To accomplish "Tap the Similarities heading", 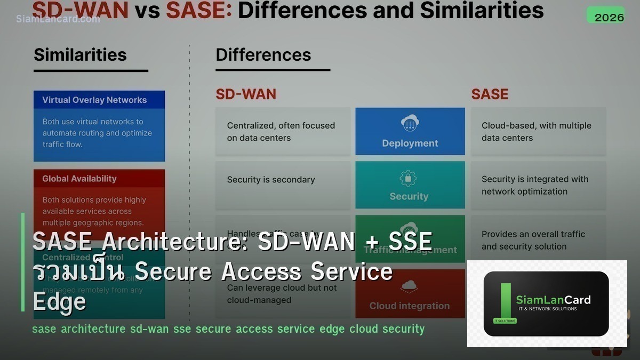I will tap(80, 55).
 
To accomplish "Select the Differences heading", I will tap(263, 55).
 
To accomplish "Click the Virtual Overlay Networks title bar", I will tap(99, 100).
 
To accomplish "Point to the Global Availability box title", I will tap(79, 179).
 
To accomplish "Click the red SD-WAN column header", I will tap(246, 94).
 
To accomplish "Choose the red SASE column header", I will tap(490, 94).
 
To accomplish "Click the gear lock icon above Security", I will tap(409, 178).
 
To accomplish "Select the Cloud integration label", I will tap(410, 306).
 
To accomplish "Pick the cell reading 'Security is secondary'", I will tap(271, 180).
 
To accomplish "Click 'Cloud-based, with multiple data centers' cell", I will tap(537, 132).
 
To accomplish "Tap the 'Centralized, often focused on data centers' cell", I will tap(281, 132).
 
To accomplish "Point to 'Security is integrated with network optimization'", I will tap(535, 185).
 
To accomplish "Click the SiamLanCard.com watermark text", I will tap(58, 19).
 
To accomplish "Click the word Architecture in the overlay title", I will tap(175, 242).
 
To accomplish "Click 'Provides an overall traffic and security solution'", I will tap(533, 240).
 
